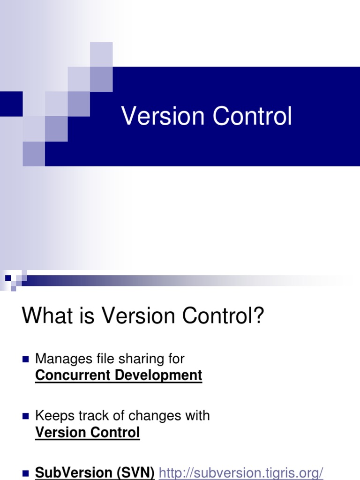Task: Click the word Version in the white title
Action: [x=163, y=116]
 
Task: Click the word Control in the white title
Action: [x=252, y=116]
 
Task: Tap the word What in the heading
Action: [x=47, y=315]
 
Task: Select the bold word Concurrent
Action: [x=73, y=375]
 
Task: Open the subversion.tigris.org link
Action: [x=241, y=472]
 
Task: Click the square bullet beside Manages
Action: [x=26, y=359]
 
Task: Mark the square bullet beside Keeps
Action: [x=26, y=416]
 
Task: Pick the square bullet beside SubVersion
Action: [x=26, y=473]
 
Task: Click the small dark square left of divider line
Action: [x=8, y=278]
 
